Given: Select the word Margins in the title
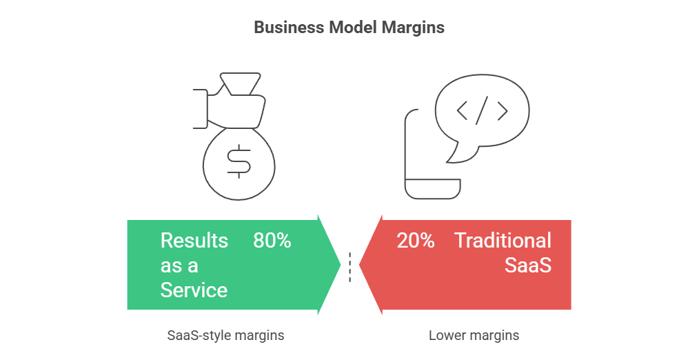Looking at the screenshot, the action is pyautogui.click(x=413, y=27).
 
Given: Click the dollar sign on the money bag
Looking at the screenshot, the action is pyautogui.click(x=239, y=161).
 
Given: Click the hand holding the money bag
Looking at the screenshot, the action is pyautogui.click(x=229, y=110).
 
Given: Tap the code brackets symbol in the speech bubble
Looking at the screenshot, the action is pyautogui.click(x=483, y=110).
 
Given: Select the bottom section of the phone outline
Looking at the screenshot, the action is pyautogui.click(x=432, y=189).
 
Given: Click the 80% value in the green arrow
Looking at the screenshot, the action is pyautogui.click(x=272, y=240).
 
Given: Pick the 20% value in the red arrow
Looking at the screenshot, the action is pyautogui.click(x=416, y=240).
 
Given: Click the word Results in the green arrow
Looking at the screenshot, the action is pyautogui.click(x=194, y=240).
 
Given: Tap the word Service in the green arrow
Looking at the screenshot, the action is pyautogui.click(x=194, y=290).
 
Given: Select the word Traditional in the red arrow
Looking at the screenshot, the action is pyautogui.click(x=503, y=240).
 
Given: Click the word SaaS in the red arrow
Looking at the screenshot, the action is pyautogui.click(x=528, y=265).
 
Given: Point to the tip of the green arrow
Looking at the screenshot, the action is pyautogui.click(x=341, y=265).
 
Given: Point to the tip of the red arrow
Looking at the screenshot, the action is pyautogui.click(x=359, y=265).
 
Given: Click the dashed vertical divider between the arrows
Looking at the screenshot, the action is pyautogui.click(x=350, y=267).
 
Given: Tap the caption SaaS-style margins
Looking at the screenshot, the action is pyautogui.click(x=225, y=335).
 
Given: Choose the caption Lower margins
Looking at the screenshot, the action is pyautogui.click(x=474, y=335).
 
